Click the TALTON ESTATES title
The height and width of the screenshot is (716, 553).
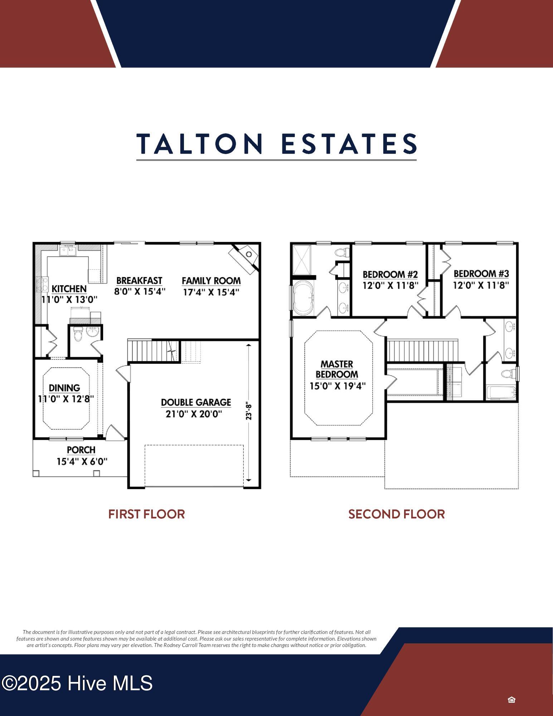click(x=276, y=144)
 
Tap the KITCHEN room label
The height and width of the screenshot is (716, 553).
click(x=69, y=289)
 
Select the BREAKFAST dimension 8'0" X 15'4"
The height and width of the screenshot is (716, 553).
click(x=140, y=291)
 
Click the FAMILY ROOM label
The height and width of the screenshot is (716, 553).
click(x=211, y=281)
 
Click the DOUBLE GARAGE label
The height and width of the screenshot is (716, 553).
click(x=196, y=402)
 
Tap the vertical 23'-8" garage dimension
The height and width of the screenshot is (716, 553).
click(x=249, y=411)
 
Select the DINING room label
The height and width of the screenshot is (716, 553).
click(x=64, y=388)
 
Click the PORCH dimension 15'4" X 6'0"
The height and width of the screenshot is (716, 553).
click(x=82, y=461)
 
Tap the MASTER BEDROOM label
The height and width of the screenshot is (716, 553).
click(x=337, y=369)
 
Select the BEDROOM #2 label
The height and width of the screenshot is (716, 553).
click(x=390, y=275)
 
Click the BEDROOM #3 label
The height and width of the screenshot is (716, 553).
click(x=481, y=274)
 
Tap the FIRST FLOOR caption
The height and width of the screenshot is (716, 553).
click(x=146, y=514)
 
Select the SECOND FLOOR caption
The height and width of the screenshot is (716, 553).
click(x=397, y=514)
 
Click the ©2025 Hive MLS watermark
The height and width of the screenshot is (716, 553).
click(x=77, y=683)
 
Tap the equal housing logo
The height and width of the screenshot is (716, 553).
click(x=511, y=700)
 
